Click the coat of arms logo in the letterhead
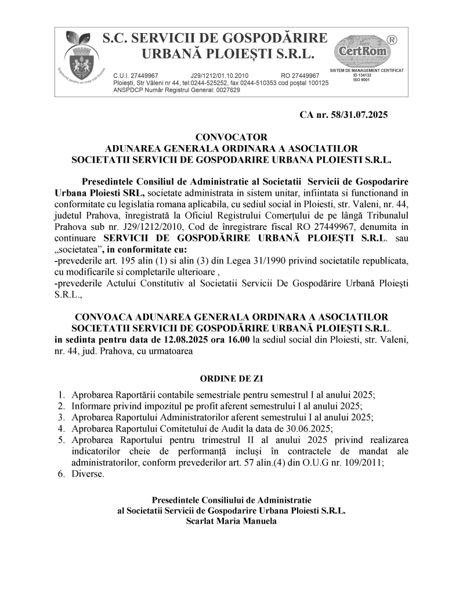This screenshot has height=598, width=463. tap(80, 58)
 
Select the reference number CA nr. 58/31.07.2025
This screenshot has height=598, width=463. tap(343, 115)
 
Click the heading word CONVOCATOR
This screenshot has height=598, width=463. tap(231, 138)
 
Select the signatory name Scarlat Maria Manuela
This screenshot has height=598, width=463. tap(231, 521)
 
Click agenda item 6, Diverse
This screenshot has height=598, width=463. tap(88, 474)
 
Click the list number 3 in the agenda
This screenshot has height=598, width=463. tap(61, 417)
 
